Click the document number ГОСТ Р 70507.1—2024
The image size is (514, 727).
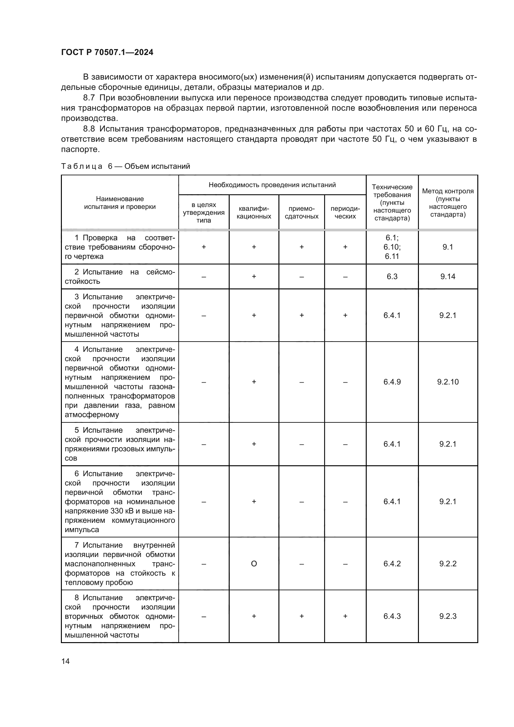[107, 52]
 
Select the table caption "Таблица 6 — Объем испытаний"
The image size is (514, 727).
[125, 166]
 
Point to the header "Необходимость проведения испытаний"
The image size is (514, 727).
[272, 185]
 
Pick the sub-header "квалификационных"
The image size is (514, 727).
[254, 213]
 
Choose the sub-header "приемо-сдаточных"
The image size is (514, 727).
[301, 213]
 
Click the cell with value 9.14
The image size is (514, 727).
[447, 276]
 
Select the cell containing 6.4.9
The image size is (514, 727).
[392, 382]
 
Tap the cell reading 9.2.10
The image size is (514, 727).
[447, 382]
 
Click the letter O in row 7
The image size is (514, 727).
[254, 564]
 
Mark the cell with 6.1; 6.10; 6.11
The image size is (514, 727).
[392, 247]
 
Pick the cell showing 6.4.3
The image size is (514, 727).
[392, 616]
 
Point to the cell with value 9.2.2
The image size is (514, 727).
[447, 564]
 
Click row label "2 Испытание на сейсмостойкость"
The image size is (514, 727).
[120, 276]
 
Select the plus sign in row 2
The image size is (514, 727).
[254, 276]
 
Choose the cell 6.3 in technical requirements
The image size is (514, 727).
[392, 276]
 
